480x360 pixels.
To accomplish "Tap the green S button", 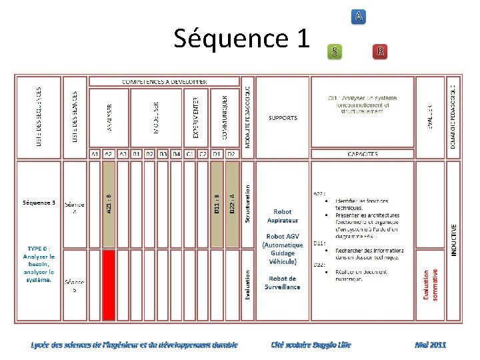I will [x=335, y=51].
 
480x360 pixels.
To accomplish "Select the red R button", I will [x=380, y=51].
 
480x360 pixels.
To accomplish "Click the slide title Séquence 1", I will [x=242, y=39].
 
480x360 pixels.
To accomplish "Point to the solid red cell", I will [x=109, y=283].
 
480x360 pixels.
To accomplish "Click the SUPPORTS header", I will [x=283, y=118].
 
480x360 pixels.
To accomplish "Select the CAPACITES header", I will [x=362, y=154].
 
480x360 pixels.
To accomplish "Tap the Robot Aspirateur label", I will [x=283, y=216].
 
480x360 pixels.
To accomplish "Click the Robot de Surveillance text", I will [x=284, y=283].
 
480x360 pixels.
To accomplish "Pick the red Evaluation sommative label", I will [x=431, y=283].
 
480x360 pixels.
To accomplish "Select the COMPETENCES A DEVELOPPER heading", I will [x=165, y=81].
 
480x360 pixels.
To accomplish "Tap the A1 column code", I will [x=95, y=154].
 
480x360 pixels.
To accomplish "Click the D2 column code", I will [x=231, y=154].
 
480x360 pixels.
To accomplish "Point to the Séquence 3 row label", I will [x=39, y=202].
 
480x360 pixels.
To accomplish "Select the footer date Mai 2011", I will [x=430, y=345].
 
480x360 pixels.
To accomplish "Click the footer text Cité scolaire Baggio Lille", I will [x=311, y=345].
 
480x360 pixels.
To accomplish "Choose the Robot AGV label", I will [x=283, y=249].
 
